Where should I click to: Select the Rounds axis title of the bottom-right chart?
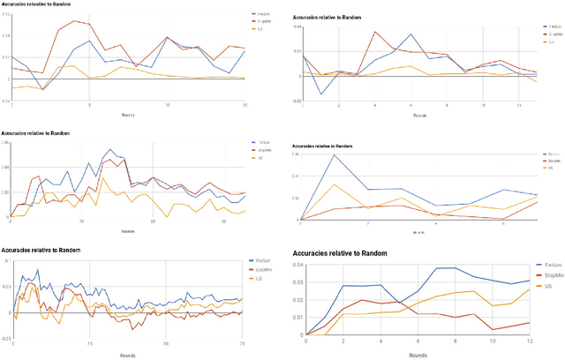(419, 354)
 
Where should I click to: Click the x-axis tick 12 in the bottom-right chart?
(529, 342)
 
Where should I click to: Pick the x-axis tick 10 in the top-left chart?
(167, 106)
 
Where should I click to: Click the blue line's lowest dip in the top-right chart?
(320, 94)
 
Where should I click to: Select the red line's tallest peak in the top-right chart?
(375, 33)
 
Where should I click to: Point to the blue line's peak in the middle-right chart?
(335, 155)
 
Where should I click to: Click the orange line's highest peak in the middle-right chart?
(335, 184)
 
